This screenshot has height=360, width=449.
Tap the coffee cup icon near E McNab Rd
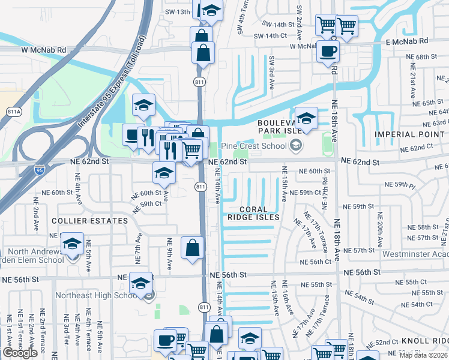point(328,52)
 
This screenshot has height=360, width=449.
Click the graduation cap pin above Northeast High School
point(141,283)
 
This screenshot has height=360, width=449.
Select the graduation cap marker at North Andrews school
point(72,244)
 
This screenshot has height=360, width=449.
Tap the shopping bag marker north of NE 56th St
point(192,247)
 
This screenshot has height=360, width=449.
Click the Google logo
point(20,353)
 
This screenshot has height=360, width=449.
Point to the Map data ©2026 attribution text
point(423,355)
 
